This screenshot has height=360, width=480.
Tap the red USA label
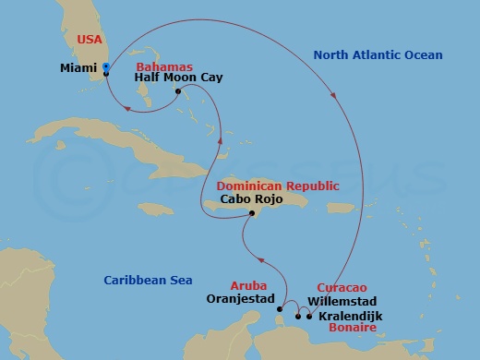[78, 42]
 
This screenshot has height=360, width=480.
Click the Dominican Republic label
[277, 186]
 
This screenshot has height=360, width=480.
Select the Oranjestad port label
[242, 299]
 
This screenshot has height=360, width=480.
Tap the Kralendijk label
[354, 318]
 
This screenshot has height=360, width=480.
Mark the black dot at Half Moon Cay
[178, 91]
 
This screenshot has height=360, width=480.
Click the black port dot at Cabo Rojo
[251, 214]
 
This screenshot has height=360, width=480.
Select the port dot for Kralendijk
[309, 317]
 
